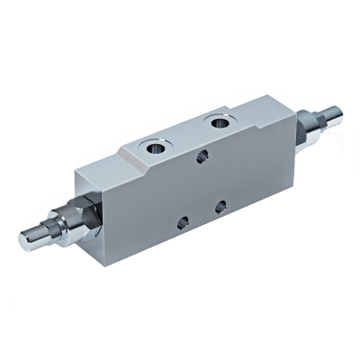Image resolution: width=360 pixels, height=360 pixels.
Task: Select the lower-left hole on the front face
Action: tap(183, 220)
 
